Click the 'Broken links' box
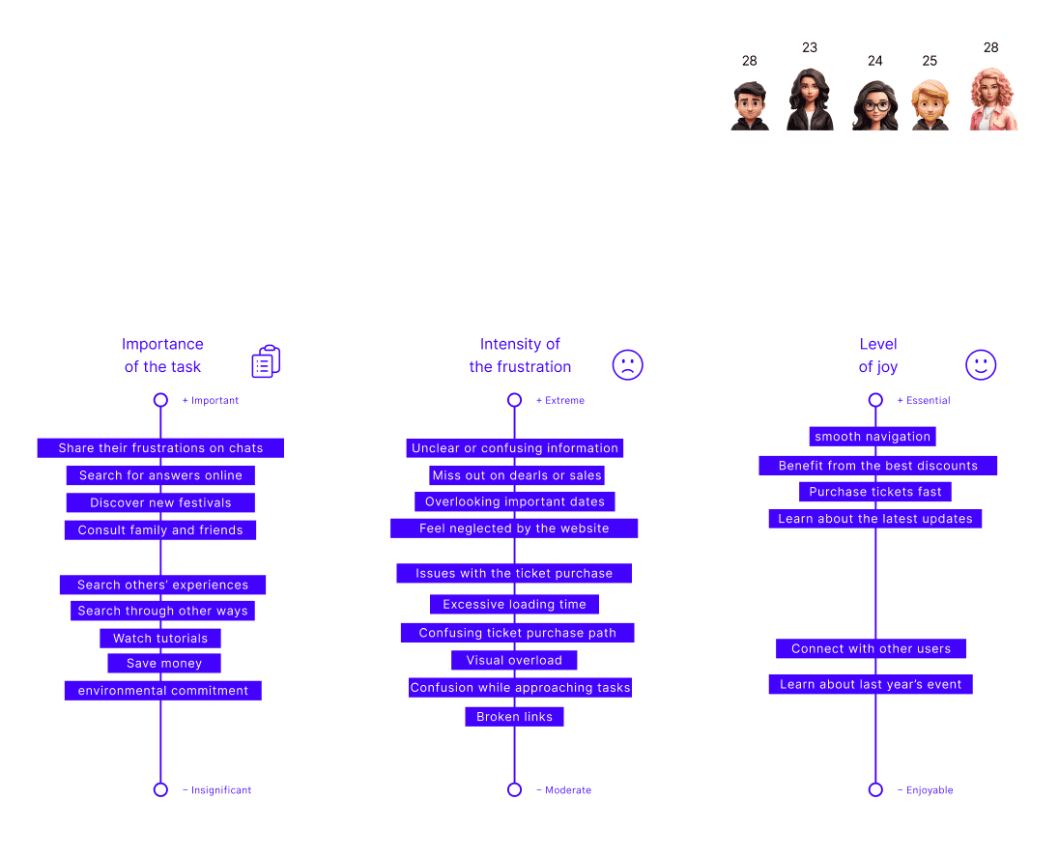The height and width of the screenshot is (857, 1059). (x=514, y=717)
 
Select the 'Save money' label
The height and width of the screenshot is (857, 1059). (x=164, y=664)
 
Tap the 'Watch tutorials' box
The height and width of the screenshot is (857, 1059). (x=160, y=639)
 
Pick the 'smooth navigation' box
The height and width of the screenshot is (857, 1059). (x=873, y=437)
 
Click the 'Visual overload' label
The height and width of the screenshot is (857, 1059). (x=514, y=661)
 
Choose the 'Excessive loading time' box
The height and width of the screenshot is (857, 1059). (x=514, y=605)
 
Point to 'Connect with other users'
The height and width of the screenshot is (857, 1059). (x=871, y=649)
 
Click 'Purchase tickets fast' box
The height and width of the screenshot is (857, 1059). (x=875, y=492)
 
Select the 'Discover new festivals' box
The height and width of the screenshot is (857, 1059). (x=160, y=502)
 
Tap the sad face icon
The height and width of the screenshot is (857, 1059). (x=627, y=364)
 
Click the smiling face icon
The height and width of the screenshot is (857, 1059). (x=981, y=364)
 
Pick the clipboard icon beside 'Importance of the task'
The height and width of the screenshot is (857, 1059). (x=266, y=361)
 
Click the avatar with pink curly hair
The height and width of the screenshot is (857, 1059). (x=993, y=100)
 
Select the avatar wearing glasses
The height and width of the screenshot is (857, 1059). (x=875, y=104)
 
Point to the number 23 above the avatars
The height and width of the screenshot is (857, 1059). (x=810, y=47)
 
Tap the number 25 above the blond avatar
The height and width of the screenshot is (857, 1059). (x=930, y=61)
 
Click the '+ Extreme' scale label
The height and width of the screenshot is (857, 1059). (x=560, y=400)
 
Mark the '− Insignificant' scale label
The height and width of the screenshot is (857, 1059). (x=217, y=790)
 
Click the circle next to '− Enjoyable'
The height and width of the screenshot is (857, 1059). (x=875, y=789)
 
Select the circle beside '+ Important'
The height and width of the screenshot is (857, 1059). (x=160, y=400)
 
